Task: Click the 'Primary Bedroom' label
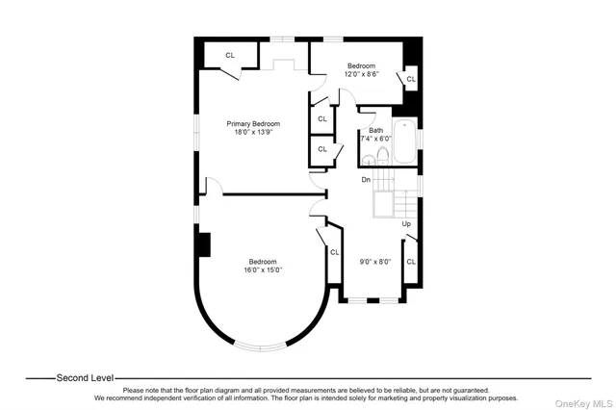[253, 124]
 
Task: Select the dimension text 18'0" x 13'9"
[253, 133]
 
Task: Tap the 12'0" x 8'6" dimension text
[361, 73]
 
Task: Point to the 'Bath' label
[375, 130]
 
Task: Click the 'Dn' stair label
[366, 180]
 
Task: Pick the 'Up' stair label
[406, 224]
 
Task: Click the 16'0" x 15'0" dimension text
[263, 270]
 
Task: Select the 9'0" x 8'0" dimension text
[373, 261]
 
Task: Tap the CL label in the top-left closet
[230, 55]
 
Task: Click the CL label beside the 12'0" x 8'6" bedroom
[411, 79]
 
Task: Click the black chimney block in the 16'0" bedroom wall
[203, 244]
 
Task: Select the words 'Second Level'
[85, 378]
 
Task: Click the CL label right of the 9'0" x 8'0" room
[410, 261]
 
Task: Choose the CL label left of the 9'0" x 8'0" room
[335, 253]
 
